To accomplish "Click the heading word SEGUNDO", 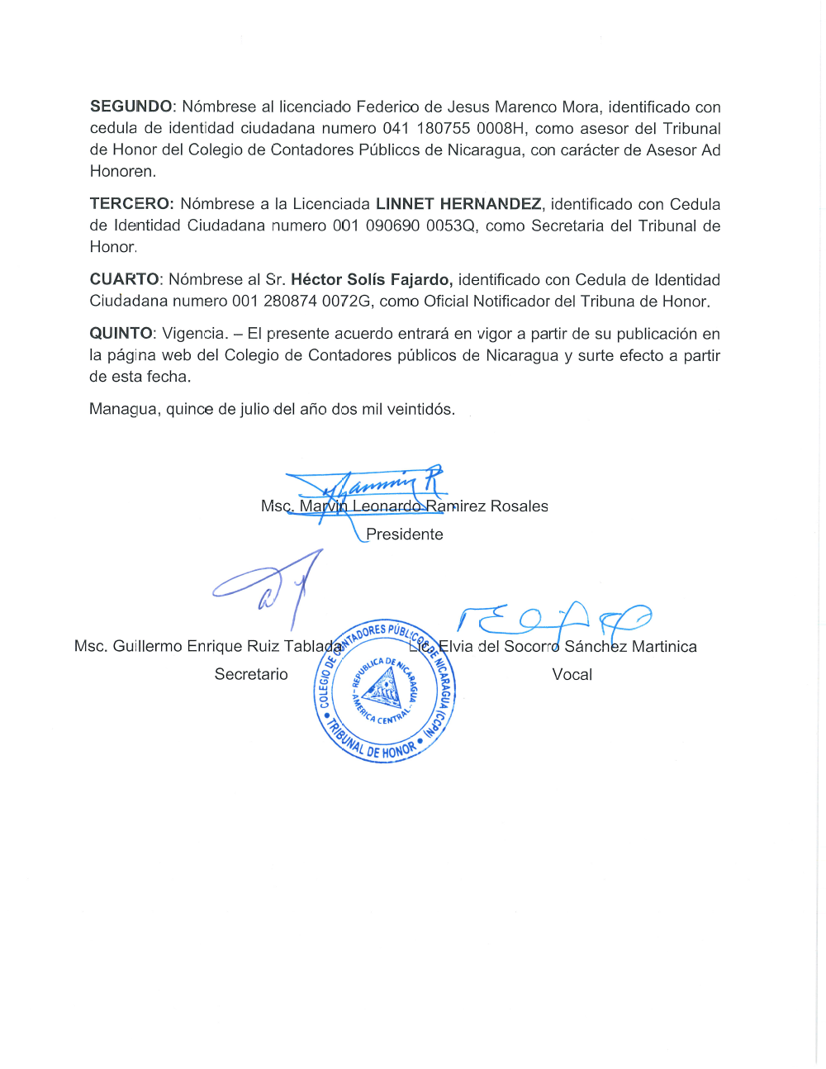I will coord(131,107).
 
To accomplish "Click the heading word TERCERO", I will coord(131,204).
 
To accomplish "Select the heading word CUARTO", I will coord(124,280).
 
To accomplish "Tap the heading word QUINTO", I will coord(121,334).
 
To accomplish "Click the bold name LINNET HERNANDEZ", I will coord(458,204).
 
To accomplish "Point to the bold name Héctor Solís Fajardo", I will coord(371,280).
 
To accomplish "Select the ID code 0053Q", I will coord(451,226).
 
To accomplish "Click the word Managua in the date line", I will coord(124,410).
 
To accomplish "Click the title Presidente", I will coord(405,534).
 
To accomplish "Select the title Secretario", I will coord(251,674).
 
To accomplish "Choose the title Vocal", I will coord(572,674).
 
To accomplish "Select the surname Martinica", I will coord(664,647).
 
